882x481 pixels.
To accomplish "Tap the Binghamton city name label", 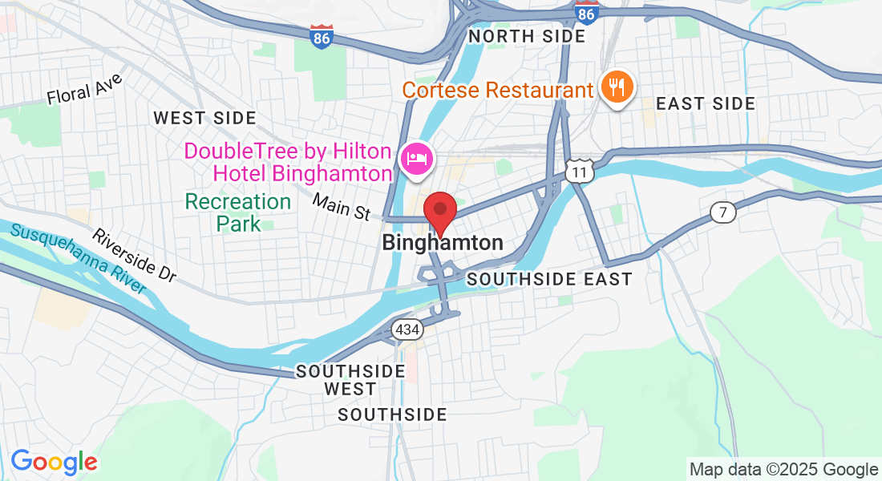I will pos(443,242).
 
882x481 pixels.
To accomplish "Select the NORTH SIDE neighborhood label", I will pos(527,36).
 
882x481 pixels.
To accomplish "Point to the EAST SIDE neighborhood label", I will pos(706,103).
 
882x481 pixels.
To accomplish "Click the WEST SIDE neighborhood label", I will pos(205,118).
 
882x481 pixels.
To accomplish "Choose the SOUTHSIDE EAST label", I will pos(549,279).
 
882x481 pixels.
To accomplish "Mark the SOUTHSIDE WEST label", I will pos(350,380).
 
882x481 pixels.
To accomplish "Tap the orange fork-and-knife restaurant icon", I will pos(617,86).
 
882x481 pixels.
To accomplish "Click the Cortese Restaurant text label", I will pos(497,89).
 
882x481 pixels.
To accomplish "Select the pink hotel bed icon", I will pos(417,158).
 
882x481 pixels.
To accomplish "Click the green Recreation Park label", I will pos(239,212).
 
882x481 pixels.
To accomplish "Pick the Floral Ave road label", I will pos(84,89).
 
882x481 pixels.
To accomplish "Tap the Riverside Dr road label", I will pos(134,255).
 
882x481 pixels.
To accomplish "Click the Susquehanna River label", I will pos(79,258).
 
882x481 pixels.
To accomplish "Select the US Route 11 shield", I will pos(578,169).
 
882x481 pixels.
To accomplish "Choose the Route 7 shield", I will pos(722,212).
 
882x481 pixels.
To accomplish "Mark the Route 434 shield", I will pos(407,329).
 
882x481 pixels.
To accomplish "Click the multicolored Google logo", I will pos(54,462).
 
